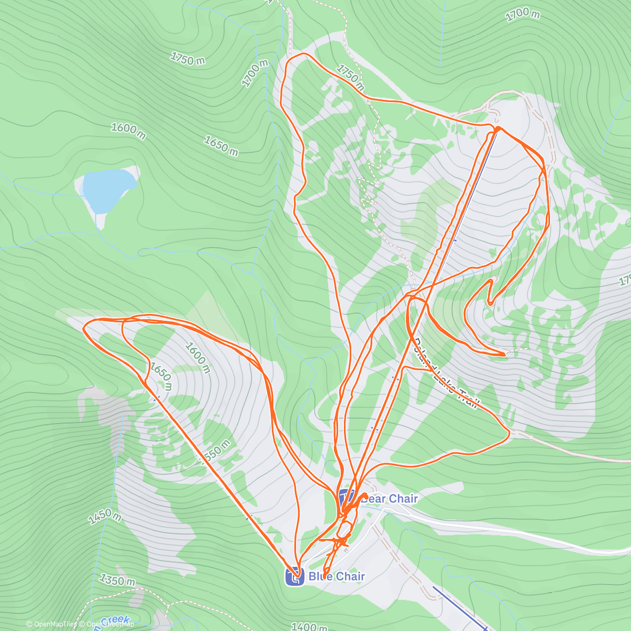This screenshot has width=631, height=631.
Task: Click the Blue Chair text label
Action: click(x=337, y=576)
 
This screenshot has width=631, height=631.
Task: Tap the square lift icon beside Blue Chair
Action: click(x=294, y=577)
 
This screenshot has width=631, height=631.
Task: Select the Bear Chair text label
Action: click(x=390, y=498)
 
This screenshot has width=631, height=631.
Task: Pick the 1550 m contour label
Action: click(x=216, y=452)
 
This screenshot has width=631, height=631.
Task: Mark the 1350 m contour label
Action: click(x=117, y=581)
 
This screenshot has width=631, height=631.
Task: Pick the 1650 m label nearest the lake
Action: click(x=221, y=146)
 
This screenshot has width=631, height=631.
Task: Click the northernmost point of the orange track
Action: click(x=302, y=54)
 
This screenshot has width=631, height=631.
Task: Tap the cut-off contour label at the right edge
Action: click(x=625, y=280)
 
